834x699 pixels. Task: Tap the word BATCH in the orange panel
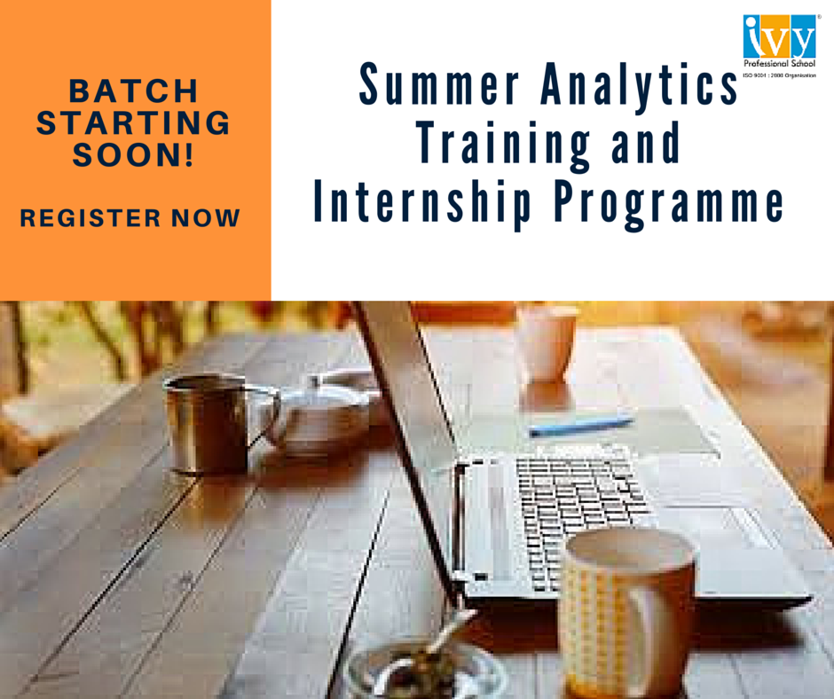click(x=133, y=90)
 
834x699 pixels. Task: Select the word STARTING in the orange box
click(x=133, y=123)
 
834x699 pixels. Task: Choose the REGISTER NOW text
click(x=130, y=217)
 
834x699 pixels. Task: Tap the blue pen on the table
click(x=581, y=426)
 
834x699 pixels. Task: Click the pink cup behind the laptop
click(x=546, y=342)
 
